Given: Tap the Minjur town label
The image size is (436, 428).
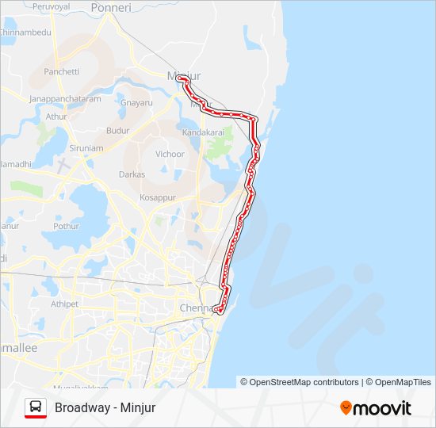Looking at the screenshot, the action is tap(183, 75).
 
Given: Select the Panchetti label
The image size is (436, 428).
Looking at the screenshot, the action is tap(62, 71).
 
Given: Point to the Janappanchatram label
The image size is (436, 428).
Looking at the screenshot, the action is tap(65, 99).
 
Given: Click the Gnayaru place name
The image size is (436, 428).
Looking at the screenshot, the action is tap(136, 103).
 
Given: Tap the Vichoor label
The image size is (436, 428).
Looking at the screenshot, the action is tap(170, 154).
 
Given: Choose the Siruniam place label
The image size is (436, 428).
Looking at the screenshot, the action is tap(86, 147).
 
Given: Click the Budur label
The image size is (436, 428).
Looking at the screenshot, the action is tap(117, 130).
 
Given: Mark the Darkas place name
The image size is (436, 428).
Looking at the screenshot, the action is tap(132, 174).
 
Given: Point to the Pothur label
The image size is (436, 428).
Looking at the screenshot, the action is tap(66, 226).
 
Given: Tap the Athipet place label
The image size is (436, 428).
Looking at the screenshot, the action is tap(65, 304).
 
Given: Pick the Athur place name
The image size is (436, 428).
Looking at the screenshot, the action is tap(56, 117).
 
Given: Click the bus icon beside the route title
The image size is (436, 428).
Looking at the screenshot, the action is tap(36, 407).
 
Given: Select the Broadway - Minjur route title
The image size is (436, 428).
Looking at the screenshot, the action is tap(105, 408).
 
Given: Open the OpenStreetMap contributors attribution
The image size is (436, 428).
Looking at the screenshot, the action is tap(299, 382).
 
